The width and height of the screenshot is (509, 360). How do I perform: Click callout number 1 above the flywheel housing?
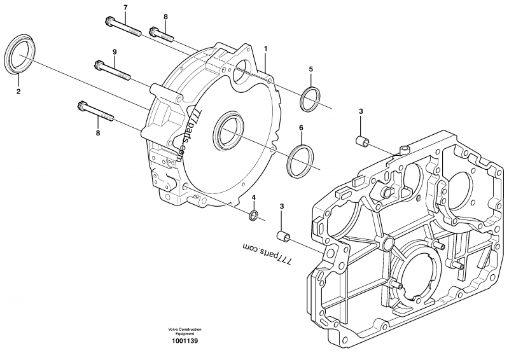pos(265,48)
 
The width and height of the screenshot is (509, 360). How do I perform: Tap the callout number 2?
pos(18,92)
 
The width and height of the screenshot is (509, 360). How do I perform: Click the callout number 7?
pos(125,6)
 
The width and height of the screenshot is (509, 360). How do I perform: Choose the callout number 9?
pos(115,51)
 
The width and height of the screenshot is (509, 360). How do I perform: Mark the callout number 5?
pos(310,68)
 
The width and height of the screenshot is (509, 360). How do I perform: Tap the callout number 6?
pos(300,128)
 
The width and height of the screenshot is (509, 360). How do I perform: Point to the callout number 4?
pos(253,198)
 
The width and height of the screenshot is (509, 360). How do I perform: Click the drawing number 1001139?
pos(185,342)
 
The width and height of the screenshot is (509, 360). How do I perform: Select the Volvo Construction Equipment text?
pos(185,331)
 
